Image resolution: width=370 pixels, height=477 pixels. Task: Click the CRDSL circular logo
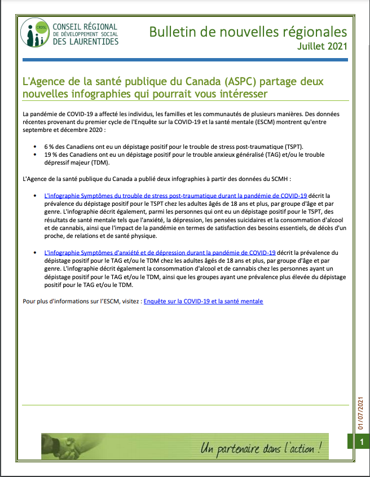tap(34, 33)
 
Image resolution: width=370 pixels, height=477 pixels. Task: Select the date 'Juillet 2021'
tap(322, 46)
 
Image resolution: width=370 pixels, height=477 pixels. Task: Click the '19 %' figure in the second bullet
tap(51, 154)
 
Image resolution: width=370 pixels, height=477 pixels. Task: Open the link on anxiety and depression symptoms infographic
tap(160, 253)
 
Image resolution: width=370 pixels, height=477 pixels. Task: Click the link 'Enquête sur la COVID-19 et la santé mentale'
tap(203, 302)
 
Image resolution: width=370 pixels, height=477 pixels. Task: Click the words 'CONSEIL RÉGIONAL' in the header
tap(85, 26)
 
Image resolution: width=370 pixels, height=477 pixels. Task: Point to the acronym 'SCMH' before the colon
tap(279, 179)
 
